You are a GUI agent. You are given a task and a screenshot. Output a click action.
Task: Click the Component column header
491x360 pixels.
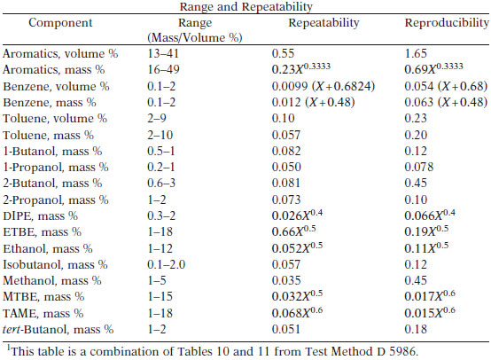[60, 22]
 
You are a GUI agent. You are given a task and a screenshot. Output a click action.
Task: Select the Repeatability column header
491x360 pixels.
[323, 22]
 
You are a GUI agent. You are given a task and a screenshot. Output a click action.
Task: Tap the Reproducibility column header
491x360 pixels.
[447, 22]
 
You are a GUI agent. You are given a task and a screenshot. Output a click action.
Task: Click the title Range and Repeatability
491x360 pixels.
[246, 6]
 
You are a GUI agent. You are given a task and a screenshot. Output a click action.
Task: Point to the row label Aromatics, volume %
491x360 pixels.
[60, 53]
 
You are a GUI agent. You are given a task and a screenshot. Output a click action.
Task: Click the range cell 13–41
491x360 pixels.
[163, 53]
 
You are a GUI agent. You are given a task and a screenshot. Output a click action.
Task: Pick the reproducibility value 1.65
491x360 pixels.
[416, 53]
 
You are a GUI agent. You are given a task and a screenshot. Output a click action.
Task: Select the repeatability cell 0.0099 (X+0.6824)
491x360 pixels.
[323, 86]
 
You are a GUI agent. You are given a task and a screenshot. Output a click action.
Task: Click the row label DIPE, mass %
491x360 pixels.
[41, 215]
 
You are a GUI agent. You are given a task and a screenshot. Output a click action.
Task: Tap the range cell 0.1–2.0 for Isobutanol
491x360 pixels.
[167, 264]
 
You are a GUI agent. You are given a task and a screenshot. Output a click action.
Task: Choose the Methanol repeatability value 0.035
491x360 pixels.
[286, 280]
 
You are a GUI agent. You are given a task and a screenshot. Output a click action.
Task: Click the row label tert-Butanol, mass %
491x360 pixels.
[58, 329]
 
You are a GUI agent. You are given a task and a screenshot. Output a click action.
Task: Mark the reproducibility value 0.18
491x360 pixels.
[416, 329]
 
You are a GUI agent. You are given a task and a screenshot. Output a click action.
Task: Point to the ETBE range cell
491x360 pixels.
[160, 231]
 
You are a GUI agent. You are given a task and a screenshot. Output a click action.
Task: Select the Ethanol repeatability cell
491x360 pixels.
[297, 247]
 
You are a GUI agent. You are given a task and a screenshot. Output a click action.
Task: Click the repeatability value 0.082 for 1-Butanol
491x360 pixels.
[286, 152]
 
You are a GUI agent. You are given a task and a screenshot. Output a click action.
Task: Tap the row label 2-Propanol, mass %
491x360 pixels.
[56, 200]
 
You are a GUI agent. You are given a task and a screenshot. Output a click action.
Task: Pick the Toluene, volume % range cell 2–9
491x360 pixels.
[157, 119]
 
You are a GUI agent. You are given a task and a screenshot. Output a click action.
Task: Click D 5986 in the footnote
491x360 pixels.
[397, 351]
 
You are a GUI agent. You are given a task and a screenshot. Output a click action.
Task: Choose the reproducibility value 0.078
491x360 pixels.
[419, 168]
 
